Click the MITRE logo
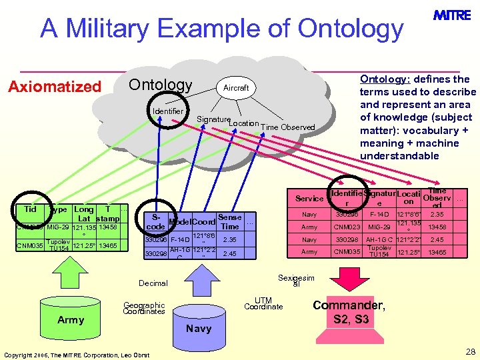click(x=452, y=15)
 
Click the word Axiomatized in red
click(x=54, y=87)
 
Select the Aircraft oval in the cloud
click(x=235, y=88)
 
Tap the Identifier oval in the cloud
click(x=167, y=111)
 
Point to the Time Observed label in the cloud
click(x=287, y=127)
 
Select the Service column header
click(x=309, y=199)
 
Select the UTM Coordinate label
click(x=263, y=303)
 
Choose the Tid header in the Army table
click(x=30, y=209)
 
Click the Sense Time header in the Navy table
click(x=229, y=222)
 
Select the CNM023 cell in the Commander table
click(x=347, y=227)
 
